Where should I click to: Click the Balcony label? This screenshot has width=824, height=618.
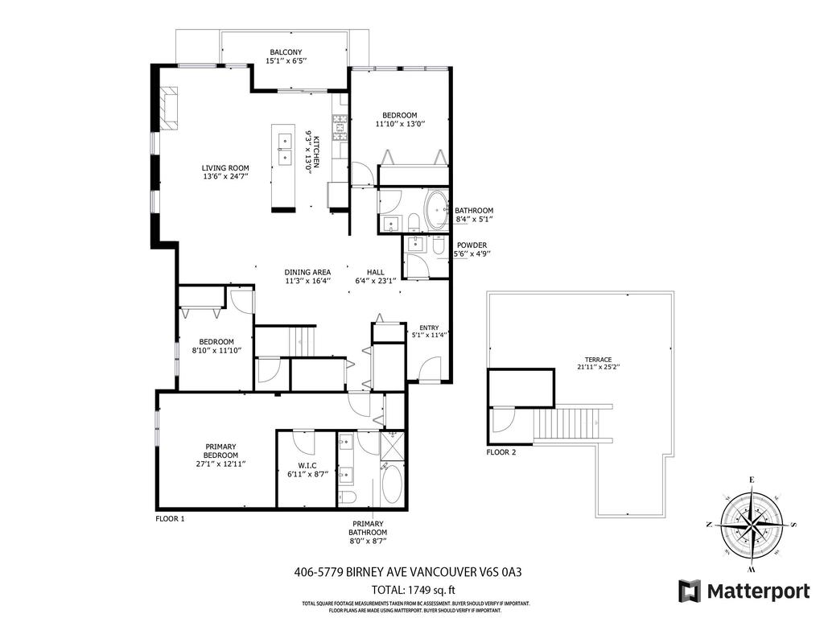pyautogui.click(x=286, y=53)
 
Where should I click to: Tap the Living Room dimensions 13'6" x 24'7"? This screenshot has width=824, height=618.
pyautogui.click(x=225, y=176)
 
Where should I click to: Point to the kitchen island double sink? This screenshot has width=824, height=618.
pyautogui.click(x=284, y=149)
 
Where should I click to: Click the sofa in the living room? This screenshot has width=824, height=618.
pyautogui.click(x=168, y=107)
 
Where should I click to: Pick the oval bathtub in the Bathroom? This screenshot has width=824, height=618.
pyautogui.click(x=439, y=211)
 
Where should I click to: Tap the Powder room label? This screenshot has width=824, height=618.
pyautogui.click(x=472, y=245)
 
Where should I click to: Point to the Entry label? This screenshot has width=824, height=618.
pyautogui.click(x=428, y=327)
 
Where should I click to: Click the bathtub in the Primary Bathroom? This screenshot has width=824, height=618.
pyautogui.click(x=393, y=486)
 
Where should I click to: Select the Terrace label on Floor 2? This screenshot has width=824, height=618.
pyautogui.click(x=598, y=360)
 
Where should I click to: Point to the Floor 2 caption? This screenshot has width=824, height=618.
pyautogui.click(x=501, y=452)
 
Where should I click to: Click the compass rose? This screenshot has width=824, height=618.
pyautogui.click(x=751, y=523)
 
